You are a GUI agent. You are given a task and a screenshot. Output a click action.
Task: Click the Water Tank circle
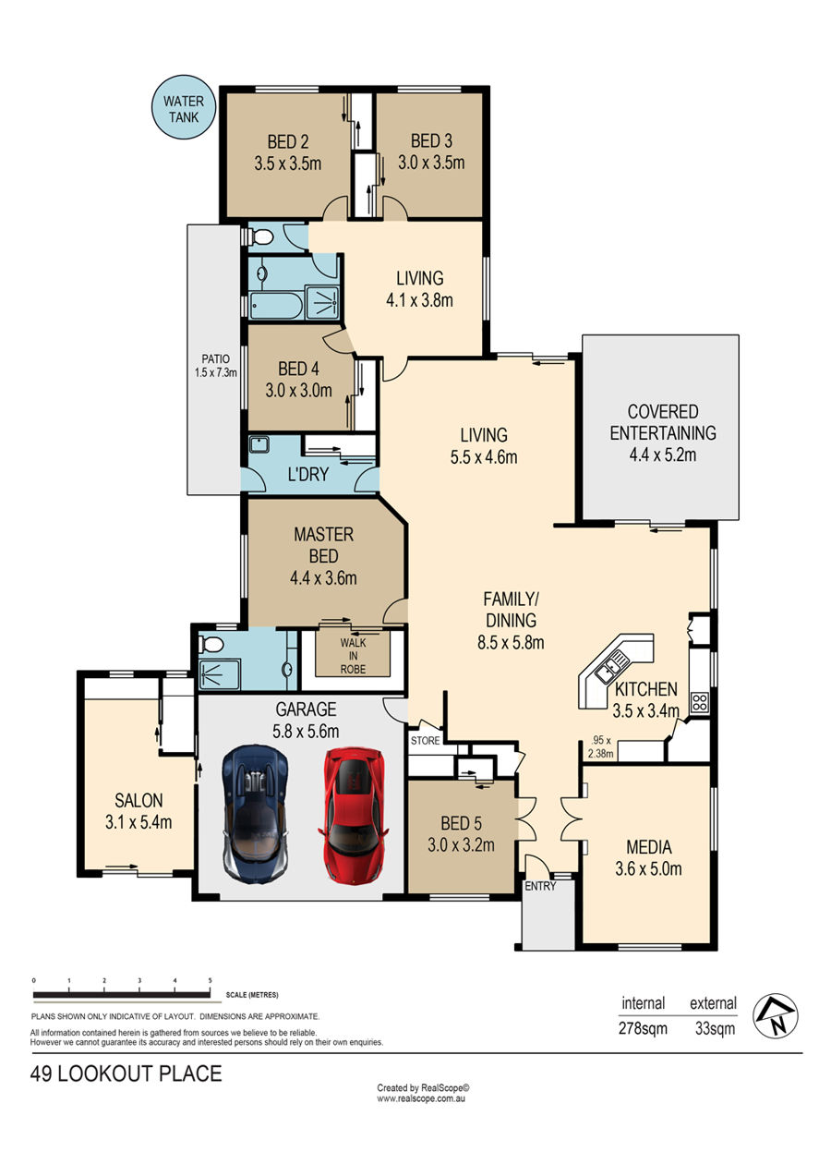(x=183, y=107)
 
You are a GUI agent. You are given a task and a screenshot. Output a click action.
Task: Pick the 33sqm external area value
(x=715, y=1027)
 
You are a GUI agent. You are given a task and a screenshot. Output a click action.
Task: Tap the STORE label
(x=425, y=740)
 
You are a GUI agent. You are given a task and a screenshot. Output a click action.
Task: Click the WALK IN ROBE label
(x=353, y=656)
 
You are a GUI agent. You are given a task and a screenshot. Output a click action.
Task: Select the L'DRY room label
(x=308, y=474)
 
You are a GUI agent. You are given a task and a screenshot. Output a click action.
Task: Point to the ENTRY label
(x=540, y=886)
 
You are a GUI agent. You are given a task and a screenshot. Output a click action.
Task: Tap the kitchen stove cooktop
(x=699, y=702)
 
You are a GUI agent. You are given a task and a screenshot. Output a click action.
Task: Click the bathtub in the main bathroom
(x=276, y=306)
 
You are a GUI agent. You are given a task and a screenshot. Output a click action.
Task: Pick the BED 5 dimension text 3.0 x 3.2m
(x=461, y=844)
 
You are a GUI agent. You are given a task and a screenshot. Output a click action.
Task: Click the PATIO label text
(x=216, y=359)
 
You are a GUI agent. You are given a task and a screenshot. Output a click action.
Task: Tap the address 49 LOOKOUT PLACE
(x=126, y=1074)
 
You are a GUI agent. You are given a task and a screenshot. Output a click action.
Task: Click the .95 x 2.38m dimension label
(x=601, y=747)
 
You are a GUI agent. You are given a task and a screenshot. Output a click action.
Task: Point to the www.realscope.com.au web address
(x=421, y=1098)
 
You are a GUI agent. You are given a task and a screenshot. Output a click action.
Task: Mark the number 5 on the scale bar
(x=210, y=980)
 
